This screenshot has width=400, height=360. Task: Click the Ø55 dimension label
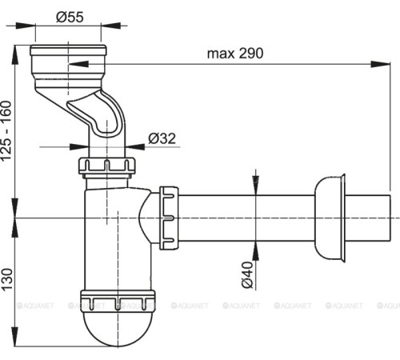click(70, 17)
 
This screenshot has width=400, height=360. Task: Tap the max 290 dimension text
click(235, 54)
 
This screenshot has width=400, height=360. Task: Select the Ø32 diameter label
click(162, 138)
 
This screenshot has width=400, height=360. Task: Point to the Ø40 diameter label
click(247, 275)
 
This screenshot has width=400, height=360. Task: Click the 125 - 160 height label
click(6, 130)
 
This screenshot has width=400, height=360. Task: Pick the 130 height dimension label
click(7, 279)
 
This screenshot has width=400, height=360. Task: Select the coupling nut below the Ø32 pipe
click(106, 166)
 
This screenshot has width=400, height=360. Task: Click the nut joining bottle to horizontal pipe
click(169, 218)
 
